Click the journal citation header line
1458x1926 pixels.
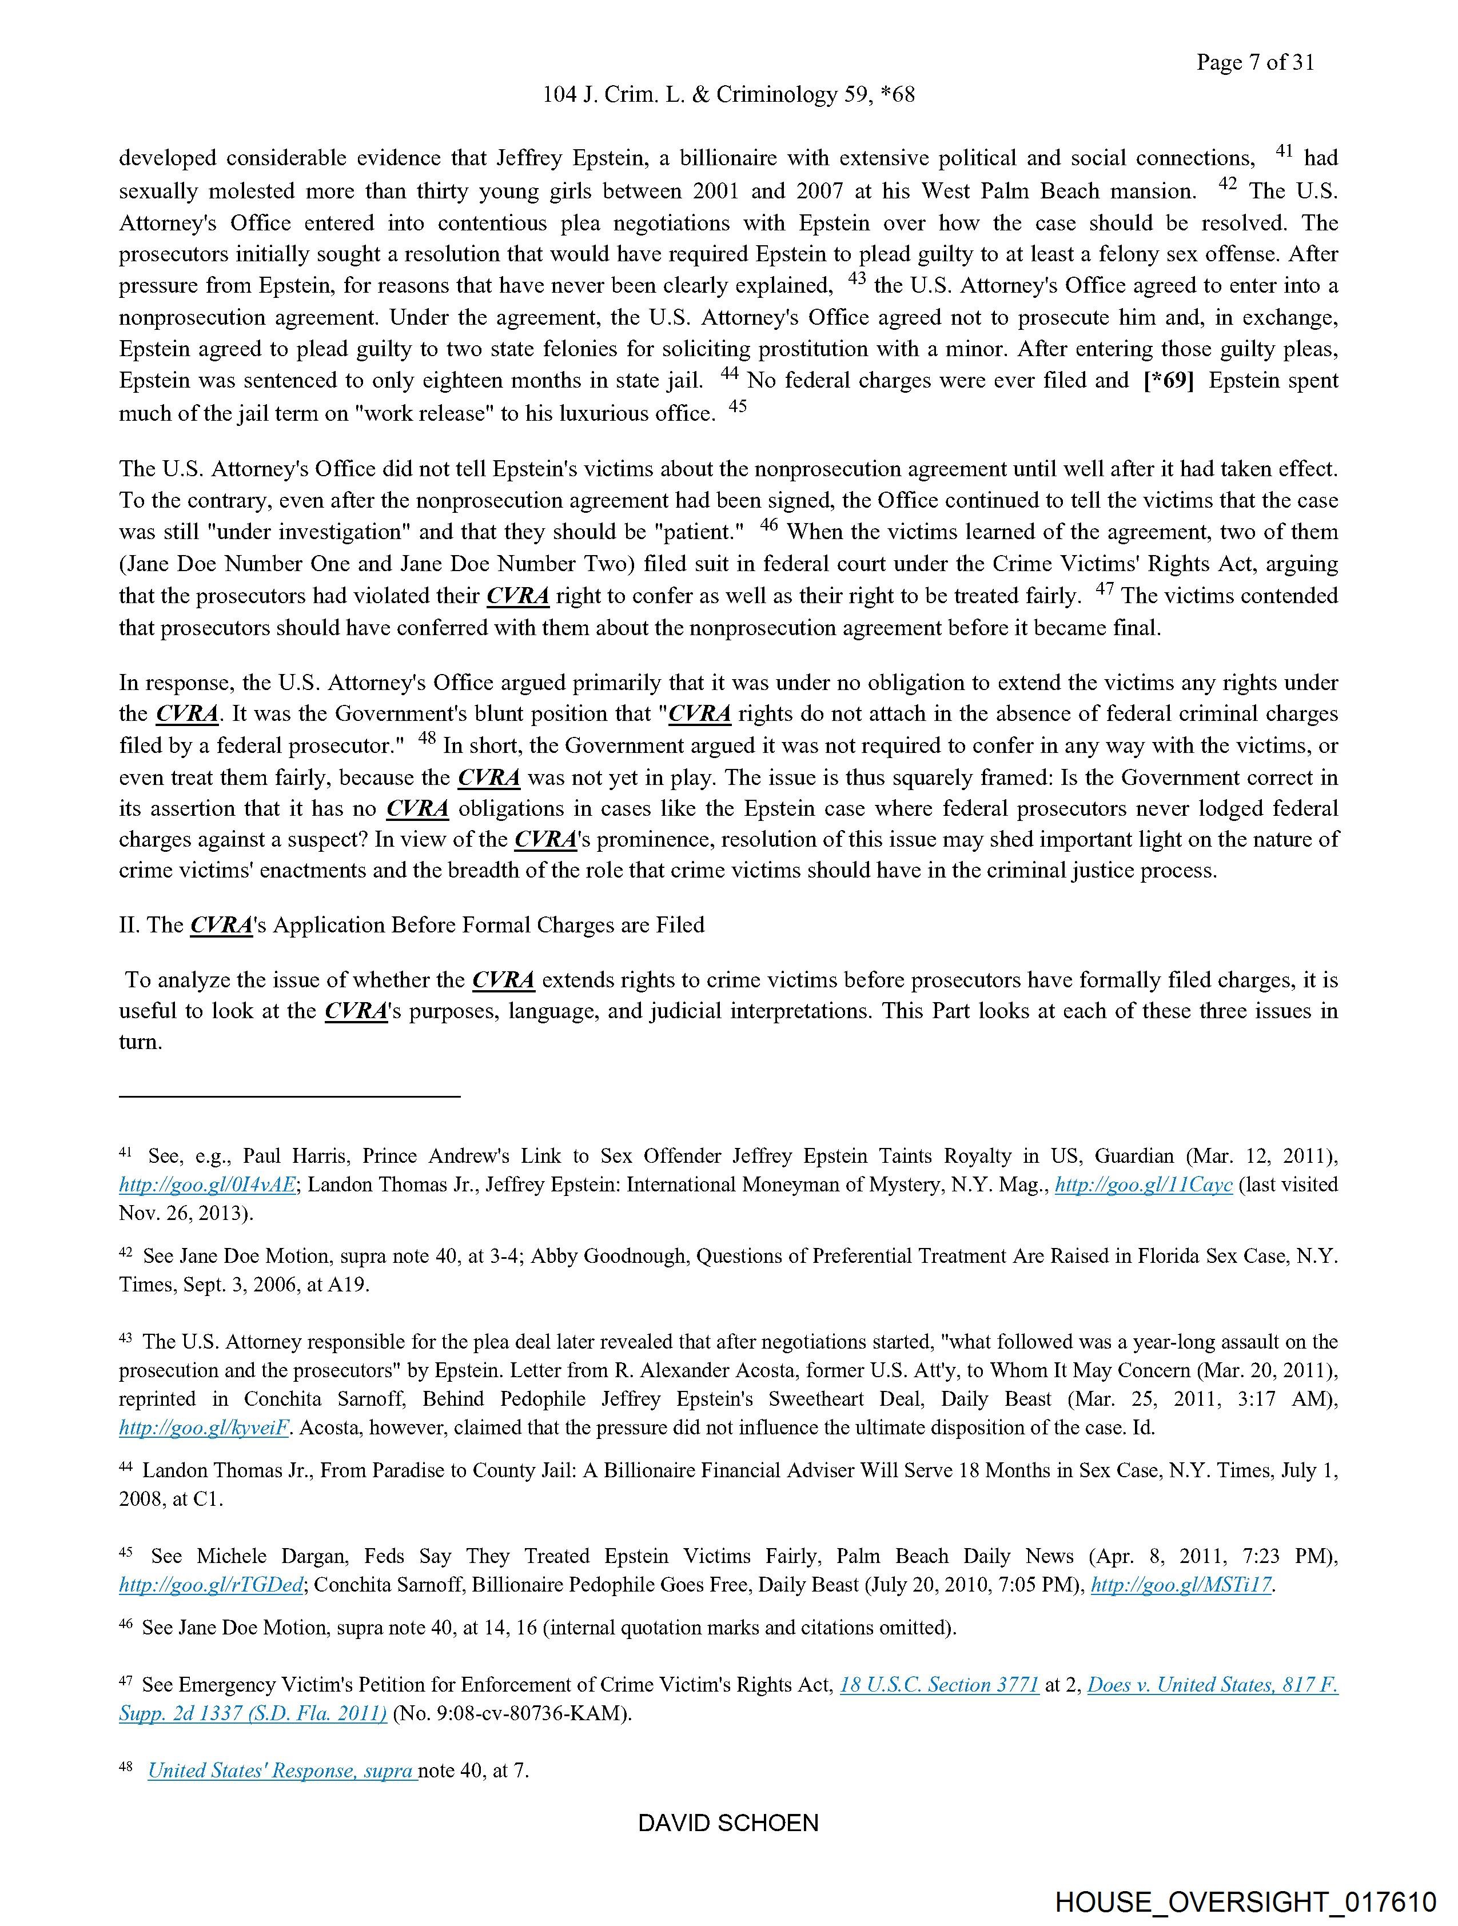tap(728, 95)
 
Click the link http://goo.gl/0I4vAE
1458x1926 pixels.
tap(208, 1185)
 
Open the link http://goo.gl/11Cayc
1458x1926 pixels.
tap(1143, 1185)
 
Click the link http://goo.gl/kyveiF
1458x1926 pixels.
tap(204, 1428)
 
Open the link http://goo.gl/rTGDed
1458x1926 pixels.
tap(211, 1585)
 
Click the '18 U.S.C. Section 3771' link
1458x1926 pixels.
tap(939, 1685)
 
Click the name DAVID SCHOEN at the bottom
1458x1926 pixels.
tap(728, 1823)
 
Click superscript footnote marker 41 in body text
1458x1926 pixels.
tap(1284, 150)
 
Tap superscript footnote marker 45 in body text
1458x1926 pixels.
tap(738, 406)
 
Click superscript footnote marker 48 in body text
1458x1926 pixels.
tap(426, 737)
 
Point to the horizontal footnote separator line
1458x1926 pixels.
tap(289, 1096)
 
